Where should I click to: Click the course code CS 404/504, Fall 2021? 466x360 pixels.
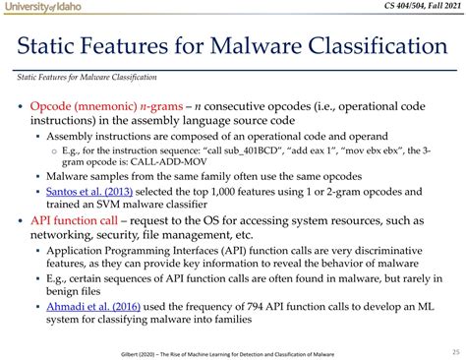(x=412, y=8)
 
